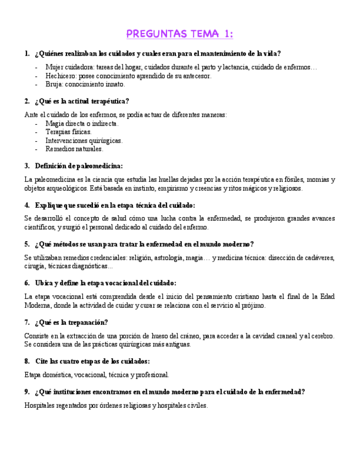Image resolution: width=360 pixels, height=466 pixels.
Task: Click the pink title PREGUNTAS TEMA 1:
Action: [180, 34]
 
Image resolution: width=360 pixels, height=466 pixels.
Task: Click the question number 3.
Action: [27, 165]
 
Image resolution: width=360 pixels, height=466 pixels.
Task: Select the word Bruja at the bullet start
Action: [54, 85]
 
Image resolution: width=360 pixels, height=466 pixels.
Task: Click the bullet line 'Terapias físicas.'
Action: [69, 132]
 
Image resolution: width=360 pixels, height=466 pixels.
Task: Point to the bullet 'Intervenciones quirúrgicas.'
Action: [84, 141]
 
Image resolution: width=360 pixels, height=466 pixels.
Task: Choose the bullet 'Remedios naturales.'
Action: [74, 149]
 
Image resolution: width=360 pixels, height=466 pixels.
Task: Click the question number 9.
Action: [27, 392]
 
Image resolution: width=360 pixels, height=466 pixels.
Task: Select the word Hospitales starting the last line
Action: [41, 406]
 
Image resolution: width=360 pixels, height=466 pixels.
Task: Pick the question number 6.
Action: [27, 283]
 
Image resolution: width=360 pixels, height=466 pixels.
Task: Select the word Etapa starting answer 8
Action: [34, 375]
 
